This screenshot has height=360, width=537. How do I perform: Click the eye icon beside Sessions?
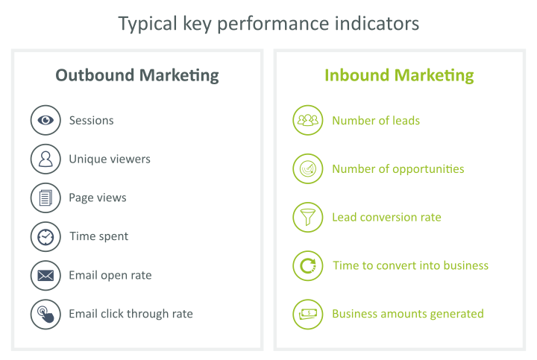click(45, 120)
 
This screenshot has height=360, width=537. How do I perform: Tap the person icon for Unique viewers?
click(45, 159)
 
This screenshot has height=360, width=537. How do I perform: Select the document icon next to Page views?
click(45, 198)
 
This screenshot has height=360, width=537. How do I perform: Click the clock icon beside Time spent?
click(45, 237)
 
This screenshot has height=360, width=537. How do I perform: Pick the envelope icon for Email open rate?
click(45, 276)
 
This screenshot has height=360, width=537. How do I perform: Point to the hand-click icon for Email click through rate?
click(45, 315)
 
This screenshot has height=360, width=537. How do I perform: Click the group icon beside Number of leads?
click(308, 120)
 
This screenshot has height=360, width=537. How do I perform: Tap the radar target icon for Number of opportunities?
click(308, 168)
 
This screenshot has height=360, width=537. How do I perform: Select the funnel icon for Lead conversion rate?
click(308, 218)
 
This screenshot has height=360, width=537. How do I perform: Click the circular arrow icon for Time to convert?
click(308, 266)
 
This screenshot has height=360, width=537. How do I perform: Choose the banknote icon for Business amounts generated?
click(308, 315)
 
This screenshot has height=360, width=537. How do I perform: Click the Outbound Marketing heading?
click(137, 75)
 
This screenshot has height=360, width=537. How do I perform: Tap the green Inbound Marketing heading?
click(399, 75)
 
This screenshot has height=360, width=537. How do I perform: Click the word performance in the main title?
click(273, 25)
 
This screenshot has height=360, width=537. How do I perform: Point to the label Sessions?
click(92, 121)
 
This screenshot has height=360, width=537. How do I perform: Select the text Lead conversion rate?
click(386, 217)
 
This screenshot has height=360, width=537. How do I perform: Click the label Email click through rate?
click(131, 314)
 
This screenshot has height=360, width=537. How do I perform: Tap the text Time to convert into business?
click(411, 265)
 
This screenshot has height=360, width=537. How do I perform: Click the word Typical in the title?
click(148, 25)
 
